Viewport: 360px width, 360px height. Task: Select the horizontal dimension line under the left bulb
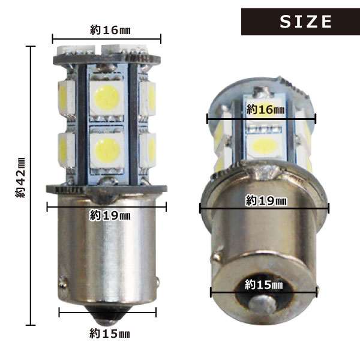click(107, 312)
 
